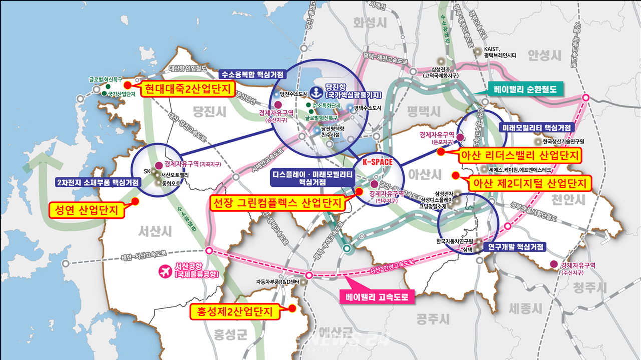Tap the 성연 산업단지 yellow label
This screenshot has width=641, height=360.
(86, 210)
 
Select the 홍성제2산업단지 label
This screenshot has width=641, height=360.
(233, 312)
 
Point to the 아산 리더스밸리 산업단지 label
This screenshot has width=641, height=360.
(521, 155)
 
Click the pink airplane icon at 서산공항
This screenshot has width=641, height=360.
(164, 271)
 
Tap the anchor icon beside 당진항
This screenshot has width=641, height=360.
(316, 92)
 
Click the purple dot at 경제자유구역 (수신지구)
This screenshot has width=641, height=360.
(553, 264)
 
